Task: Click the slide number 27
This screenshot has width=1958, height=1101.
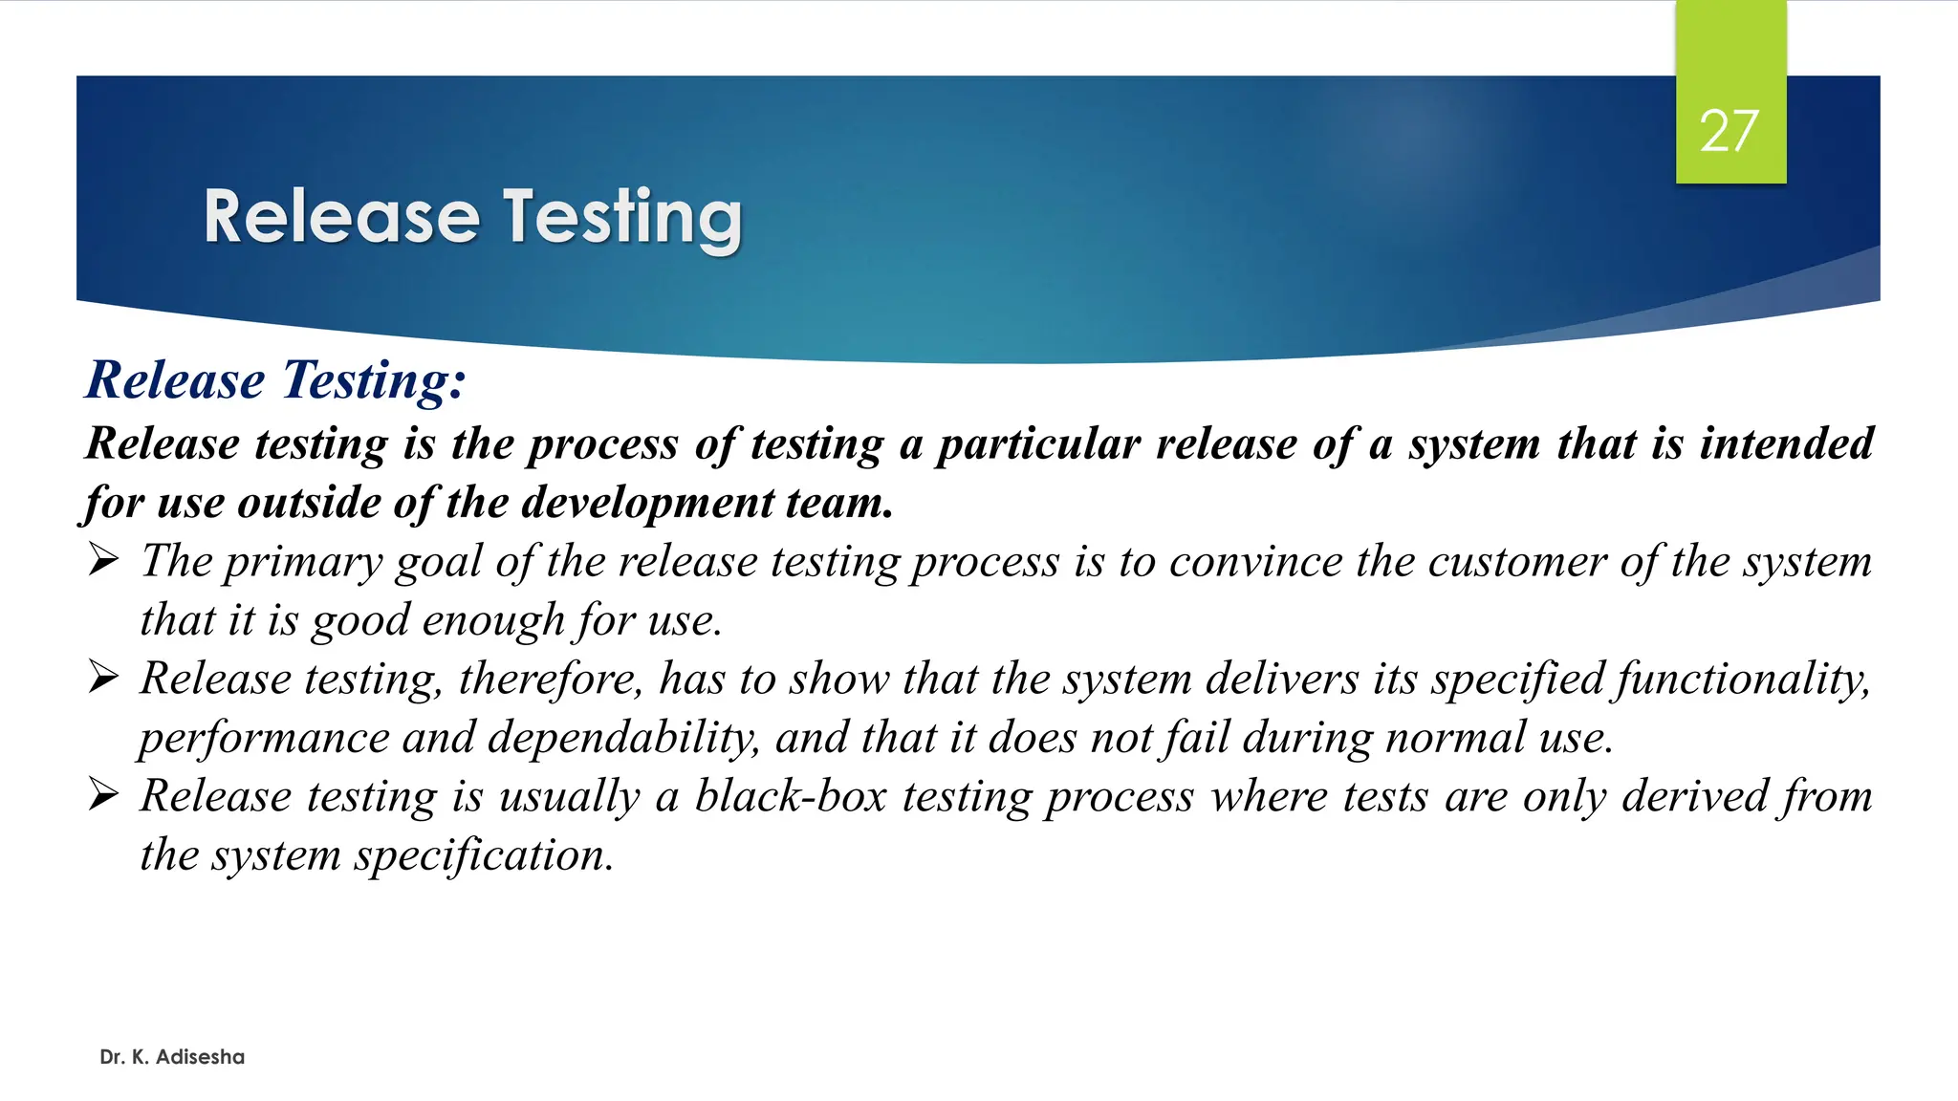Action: [x=1730, y=131]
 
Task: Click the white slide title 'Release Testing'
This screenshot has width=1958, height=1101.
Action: [x=472, y=218]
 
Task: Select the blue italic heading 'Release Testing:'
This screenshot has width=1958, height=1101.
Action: [x=276, y=380]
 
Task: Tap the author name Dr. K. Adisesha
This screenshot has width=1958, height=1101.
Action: [x=172, y=1057]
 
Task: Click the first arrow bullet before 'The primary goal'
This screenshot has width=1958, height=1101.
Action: [x=103, y=560]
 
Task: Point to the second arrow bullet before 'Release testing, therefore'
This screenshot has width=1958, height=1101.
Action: [x=103, y=678]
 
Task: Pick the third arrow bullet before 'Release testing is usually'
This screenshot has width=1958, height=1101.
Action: [x=103, y=795]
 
